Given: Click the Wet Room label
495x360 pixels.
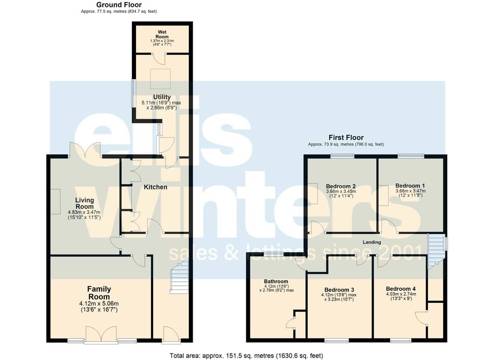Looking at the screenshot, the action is pyautogui.click(x=162, y=34).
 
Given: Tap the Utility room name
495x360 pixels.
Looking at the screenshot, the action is pyautogui.click(x=162, y=97).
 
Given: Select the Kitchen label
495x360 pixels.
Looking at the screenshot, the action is pyautogui.click(x=156, y=187).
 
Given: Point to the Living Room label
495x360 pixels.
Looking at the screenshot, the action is pyautogui.click(x=85, y=203).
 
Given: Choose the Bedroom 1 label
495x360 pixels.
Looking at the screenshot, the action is pyautogui.click(x=410, y=186).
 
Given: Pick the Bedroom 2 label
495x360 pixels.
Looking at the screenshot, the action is pyautogui.click(x=341, y=186).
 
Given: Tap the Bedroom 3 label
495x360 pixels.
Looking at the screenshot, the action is pyautogui.click(x=339, y=289).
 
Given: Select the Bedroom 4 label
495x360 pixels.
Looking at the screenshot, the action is pyautogui.click(x=401, y=289).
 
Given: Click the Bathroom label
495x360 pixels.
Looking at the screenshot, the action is pyautogui.click(x=276, y=281).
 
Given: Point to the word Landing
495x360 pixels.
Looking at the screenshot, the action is pyautogui.click(x=372, y=242).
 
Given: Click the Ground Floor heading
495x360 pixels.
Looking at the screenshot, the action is pyautogui.click(x=119, y=5).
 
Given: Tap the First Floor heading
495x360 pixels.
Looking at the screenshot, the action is pyautogui.click(x=346, y=138).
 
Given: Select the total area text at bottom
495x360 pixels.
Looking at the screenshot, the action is pyautogui.click(x=246, y=356).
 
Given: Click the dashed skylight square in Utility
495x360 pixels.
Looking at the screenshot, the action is pyautogui.click(x=160, y=79).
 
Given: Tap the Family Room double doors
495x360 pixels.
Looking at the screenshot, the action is pyautogui.click(x=101, y=334).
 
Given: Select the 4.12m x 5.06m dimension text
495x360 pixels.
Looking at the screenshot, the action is pyautogui.click(x=99, y=304).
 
